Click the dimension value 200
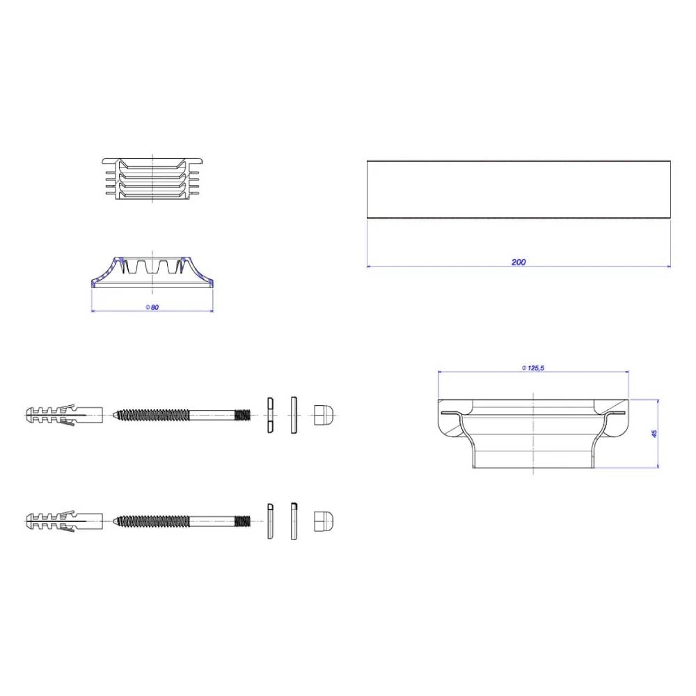point(519,262)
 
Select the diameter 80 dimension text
point(152,307)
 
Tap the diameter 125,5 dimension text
point(532,368)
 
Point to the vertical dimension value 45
point(654,434)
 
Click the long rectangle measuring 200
point(519,189)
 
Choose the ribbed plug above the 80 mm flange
point(152,178)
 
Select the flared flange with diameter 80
point(152,272)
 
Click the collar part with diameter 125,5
point(533,433)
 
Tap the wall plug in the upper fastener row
point(64,415)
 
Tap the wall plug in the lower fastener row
point(64,521)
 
